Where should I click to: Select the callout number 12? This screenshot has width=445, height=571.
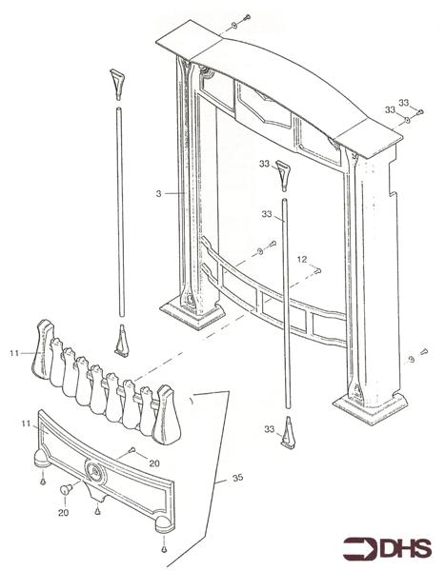coord(301,259)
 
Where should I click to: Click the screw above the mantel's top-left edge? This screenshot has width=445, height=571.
coord(244,16)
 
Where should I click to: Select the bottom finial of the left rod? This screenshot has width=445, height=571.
coord(120,339)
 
